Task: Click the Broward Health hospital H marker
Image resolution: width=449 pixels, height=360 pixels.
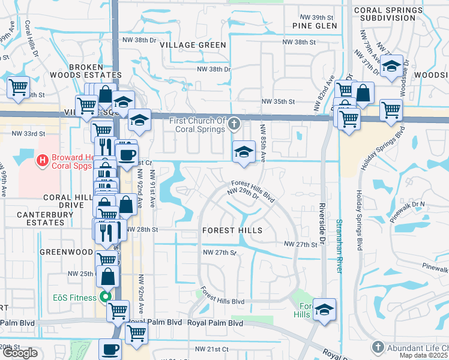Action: click(42, 160)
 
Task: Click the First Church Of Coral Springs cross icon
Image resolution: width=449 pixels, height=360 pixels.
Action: click(235, 125)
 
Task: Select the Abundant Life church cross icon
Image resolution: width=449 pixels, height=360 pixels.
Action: click(378, 347)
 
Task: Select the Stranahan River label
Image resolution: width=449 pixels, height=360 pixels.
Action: click(339, 245)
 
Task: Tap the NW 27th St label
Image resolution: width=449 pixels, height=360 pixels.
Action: click(300, 245)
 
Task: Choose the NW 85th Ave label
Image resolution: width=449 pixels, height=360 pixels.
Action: click(262, 142)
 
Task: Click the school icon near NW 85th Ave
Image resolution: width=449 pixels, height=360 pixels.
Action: click(243, 152)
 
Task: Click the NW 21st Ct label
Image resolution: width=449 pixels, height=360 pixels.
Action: click(212, 349)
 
